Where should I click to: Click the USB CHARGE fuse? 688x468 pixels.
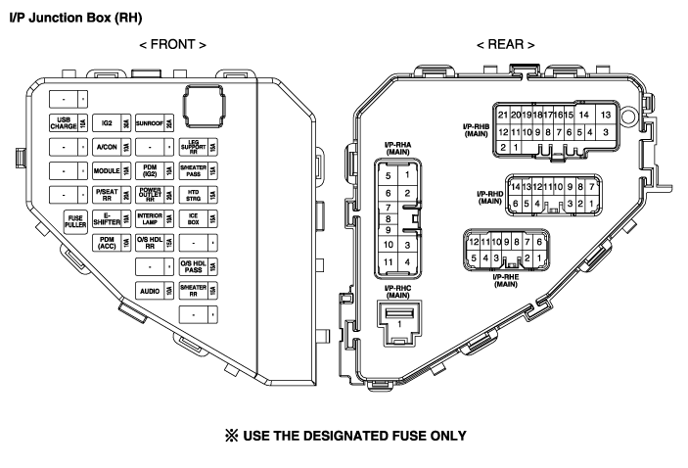tap(68, 123)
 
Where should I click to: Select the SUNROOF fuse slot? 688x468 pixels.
tap(155, 123)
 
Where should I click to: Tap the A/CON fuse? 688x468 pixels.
tap(112, 147)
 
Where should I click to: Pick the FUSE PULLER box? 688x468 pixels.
tap(74, 219)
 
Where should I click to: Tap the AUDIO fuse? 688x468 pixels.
tap(155, 290)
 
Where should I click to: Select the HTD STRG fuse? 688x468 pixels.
tap(199, 194)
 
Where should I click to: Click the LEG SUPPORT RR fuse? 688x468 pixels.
tap(199, 147)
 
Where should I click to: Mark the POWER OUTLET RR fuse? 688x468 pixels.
tap(155, 194)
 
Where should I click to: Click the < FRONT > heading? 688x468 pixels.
tap(172, 45)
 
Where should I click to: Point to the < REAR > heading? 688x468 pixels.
tap(505, 45)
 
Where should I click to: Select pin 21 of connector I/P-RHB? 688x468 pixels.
tap(503, 115)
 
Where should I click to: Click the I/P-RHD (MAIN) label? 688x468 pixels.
tap(482, 197)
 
